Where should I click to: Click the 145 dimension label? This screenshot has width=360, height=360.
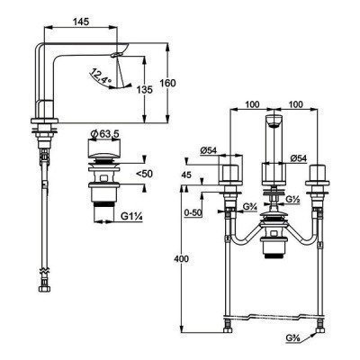click(81, 22)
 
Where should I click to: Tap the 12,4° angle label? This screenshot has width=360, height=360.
click(101, 76)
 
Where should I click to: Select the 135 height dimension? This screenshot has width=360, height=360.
click(145, 90)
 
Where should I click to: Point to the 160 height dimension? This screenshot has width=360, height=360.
click(167, 83)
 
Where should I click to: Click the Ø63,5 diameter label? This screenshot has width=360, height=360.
click(104, 133)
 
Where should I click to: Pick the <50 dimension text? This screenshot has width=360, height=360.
click(144, 174)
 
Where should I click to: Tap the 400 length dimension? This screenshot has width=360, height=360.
click(181, 259)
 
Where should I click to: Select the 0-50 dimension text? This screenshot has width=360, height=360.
click(193, 212)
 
